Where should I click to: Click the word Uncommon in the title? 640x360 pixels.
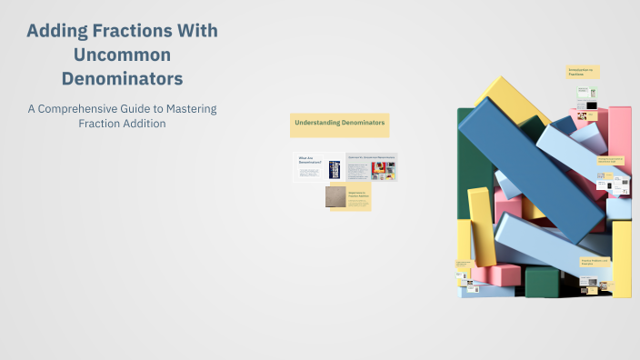122,55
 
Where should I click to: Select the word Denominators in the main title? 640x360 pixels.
122,77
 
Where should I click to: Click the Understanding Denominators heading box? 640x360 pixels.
339,124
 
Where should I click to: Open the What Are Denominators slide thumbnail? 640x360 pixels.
318,167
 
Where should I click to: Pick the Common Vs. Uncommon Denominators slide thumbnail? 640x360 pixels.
371,167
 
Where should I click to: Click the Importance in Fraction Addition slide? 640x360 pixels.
349,197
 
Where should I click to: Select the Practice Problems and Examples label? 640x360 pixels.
595,263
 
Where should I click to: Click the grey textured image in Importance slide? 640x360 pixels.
336,197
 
